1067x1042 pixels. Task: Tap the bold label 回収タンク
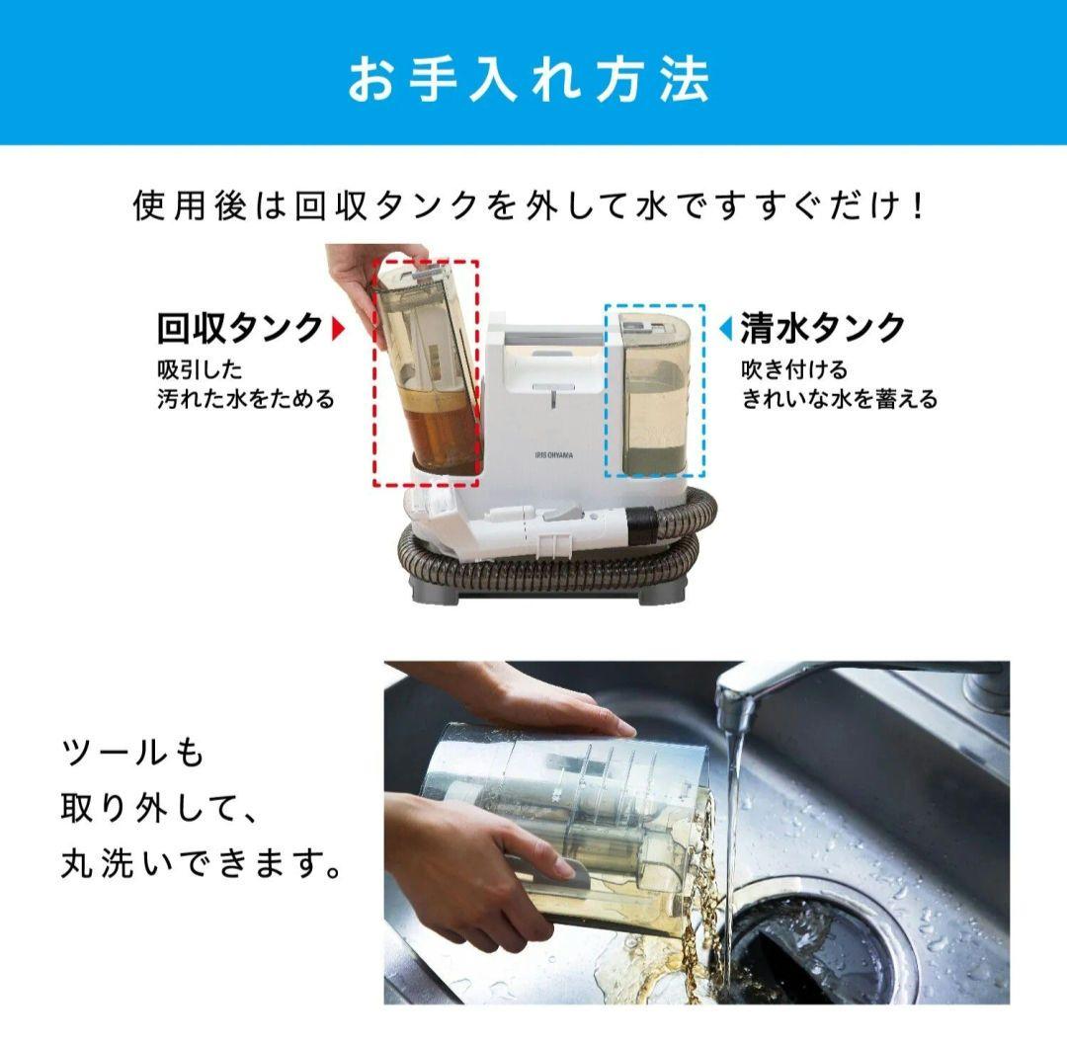pyautogui.click(x=240, y=328)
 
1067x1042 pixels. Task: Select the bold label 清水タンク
pyautogui.click(x=823, y=328)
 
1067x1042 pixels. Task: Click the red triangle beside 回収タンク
pyautogui.click(x=338, y=328)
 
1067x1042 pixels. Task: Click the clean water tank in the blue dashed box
pyautogui.click(x=653, y=395)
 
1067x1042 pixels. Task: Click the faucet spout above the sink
pyautogui.click(x=736, y=696)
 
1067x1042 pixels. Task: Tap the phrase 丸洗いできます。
pyautogui.click(x=202, y=866)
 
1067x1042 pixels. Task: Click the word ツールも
pyautogui.click(x=132, y=754)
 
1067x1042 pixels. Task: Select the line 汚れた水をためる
pyautogui.click(x=246, y=400)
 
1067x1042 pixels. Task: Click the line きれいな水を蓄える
pyautogui.click(x=839, y=400)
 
